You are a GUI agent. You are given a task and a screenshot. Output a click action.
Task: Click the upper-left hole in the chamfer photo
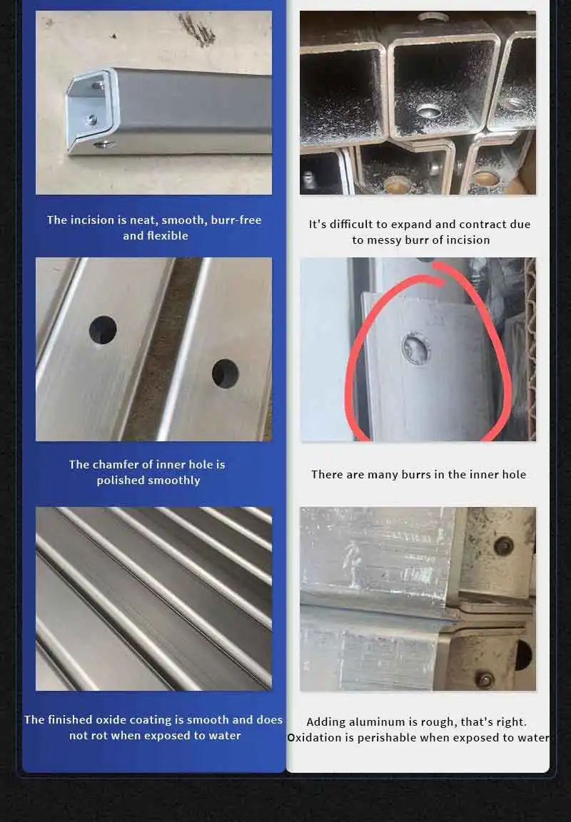coord(103,330)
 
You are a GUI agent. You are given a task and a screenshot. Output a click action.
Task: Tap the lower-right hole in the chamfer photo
coord(226,374)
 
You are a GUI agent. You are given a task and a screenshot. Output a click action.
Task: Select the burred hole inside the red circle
coord(417,348)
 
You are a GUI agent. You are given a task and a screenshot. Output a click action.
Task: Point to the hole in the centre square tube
coord(429,111)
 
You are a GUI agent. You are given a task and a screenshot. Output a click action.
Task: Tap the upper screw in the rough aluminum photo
coord(503,546)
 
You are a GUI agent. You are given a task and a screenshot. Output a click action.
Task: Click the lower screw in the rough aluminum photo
coord(485,680)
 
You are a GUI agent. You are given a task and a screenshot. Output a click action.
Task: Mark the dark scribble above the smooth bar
coord(197,30)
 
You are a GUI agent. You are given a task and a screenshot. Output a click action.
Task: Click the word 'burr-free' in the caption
coord(236,220)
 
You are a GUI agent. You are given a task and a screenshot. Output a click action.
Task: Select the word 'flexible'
coord(168,236)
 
